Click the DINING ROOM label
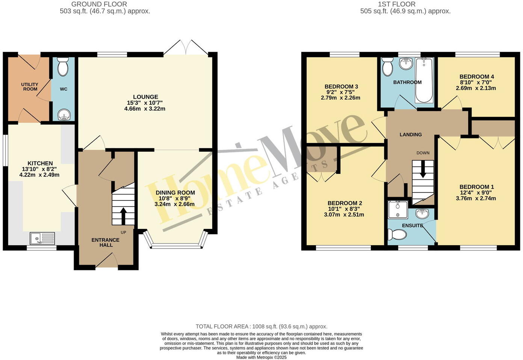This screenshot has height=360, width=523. [x=175, y=193]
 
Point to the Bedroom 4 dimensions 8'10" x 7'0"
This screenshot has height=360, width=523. [x=476, y=83]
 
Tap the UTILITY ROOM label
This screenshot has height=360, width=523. [x=30, y=87]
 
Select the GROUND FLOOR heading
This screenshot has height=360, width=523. [x=99, y=4]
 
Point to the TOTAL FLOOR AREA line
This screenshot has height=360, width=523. [x=261, y=327]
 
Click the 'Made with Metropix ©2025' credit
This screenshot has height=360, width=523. [x=261, y=357]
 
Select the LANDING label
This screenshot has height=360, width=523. [x=410, y=134]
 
